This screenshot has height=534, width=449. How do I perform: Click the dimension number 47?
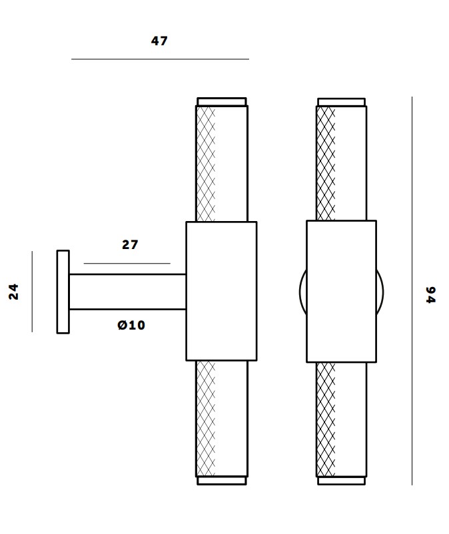coord(159,41)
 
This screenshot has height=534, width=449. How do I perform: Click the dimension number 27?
coord(130,245)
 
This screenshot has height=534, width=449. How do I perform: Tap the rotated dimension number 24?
coord(14,292)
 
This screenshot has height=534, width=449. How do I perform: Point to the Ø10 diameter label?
coord(131,326)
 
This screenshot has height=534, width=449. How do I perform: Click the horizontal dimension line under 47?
coord(160,59)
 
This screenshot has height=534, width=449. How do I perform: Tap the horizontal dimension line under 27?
coord(127,264)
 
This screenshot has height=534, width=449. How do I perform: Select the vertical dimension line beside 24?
coord(32,291)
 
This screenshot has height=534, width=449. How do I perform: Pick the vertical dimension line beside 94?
coord(412,291)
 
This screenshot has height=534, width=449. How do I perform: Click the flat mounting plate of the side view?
coord(63,292)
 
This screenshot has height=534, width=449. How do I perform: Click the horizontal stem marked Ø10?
coord(127,292)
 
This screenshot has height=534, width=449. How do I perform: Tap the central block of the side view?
coord(221,291)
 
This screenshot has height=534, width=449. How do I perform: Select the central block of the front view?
coord(341,291)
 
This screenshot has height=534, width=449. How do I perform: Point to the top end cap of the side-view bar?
coord(221,102)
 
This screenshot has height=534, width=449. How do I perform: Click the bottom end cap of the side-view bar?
coord(221,480)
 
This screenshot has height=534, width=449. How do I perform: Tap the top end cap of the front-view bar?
coord(341,102)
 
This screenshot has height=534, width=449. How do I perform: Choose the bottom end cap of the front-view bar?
coord(341,480)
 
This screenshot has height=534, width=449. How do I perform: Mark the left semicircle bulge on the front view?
coord(302,292)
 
